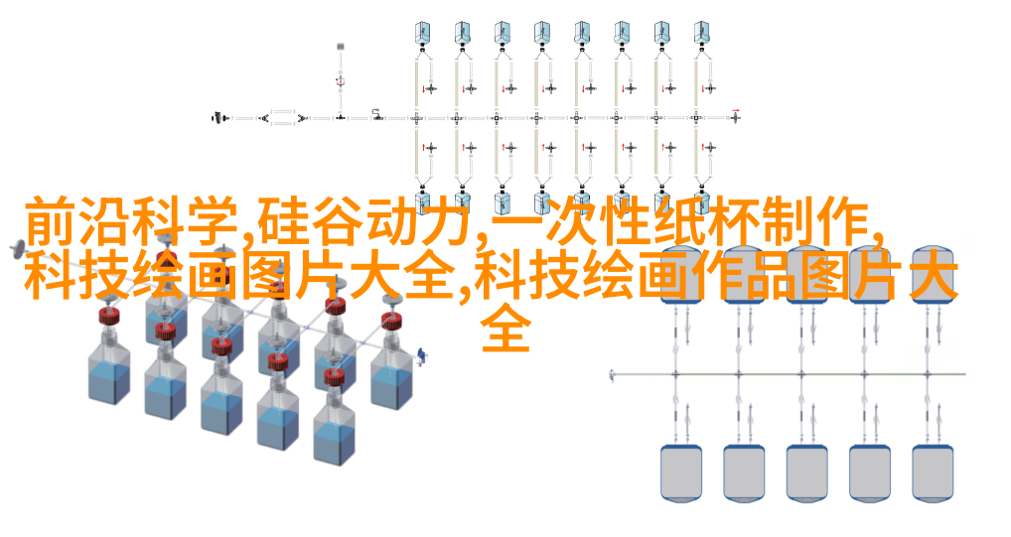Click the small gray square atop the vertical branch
pos(341,45)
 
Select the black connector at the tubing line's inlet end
pos(217,117)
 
